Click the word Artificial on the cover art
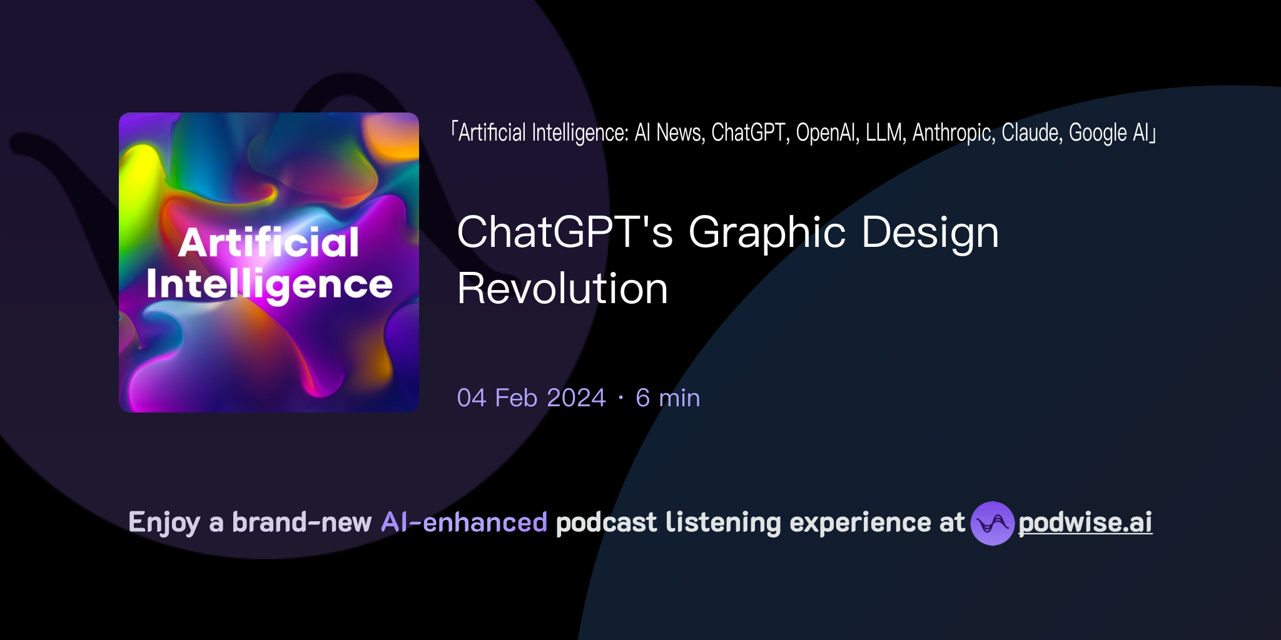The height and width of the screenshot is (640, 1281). (269, 242)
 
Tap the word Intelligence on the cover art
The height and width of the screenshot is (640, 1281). (269, 285)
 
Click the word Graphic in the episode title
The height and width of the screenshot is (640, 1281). (767, 232)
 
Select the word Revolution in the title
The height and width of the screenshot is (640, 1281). (562, 289)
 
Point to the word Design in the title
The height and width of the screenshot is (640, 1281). (930, 232)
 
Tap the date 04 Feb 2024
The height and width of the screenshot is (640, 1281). (531, 398)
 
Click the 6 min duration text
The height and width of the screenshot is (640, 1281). (667, 398)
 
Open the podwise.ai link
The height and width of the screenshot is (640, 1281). (1085, 522)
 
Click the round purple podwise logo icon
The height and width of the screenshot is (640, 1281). (992, 523)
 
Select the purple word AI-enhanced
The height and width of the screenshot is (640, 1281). (464, 522)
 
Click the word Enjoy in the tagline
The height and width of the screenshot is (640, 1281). (164, 522)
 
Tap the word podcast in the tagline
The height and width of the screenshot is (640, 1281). (606, 522)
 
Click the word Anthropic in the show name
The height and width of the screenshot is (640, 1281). (953, 132)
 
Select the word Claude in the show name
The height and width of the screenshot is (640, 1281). (1031, 132)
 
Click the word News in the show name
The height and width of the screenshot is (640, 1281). (681, 132)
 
